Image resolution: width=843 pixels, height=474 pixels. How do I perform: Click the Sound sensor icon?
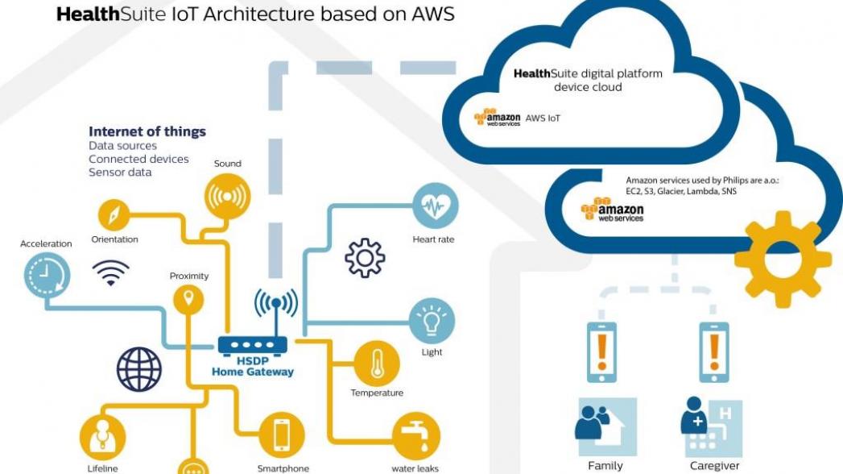click(228, 196)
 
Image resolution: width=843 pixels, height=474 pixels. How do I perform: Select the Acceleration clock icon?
click(47, 276)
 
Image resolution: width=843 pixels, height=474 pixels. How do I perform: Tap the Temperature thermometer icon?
click(376, 364)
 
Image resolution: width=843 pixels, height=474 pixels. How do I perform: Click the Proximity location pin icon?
click(189, 301)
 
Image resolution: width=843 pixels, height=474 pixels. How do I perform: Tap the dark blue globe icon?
click(139, 368)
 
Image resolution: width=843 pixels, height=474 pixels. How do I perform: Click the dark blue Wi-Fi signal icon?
click(110, 273)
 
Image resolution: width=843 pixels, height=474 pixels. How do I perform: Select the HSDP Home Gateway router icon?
click(251, 344)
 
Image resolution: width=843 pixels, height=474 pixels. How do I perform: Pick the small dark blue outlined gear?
click(365, 258)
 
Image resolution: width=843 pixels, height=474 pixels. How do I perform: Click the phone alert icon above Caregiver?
click(713, 351)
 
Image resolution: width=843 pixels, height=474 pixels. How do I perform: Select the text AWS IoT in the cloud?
click(543, 118)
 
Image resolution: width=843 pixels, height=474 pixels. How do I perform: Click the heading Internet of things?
click(147, 131)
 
